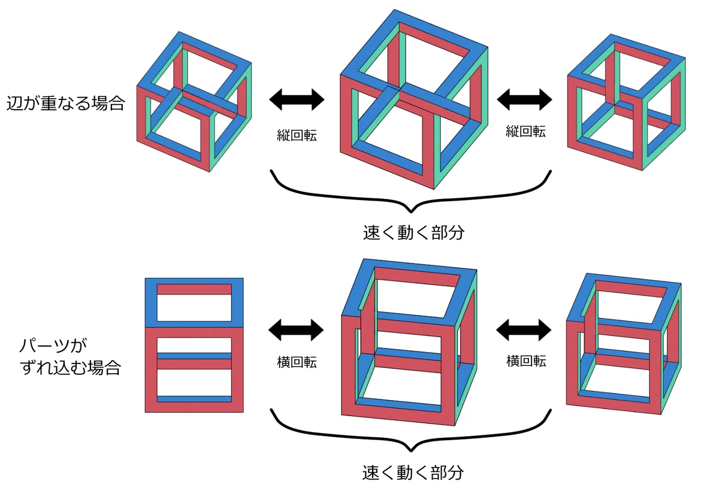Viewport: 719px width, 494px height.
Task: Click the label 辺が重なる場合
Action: click(65, 103)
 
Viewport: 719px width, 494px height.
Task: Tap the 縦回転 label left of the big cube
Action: click(297, 135)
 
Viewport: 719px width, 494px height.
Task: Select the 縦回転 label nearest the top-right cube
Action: click(525, 132)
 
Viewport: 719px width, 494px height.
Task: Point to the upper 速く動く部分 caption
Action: click(413, 232)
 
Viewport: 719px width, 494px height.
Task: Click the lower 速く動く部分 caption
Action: click(413, 472)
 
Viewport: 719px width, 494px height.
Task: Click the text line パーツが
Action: click(53, 346)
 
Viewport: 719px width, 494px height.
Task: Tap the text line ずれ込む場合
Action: click(70, 368)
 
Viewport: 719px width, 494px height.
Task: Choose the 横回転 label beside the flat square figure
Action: click(297, 362)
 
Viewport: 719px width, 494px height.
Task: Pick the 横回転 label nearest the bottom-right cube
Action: click(526, 361)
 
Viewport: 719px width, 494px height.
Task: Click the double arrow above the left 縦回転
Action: click(297, 100)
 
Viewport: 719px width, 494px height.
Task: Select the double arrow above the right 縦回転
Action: click(524, 100)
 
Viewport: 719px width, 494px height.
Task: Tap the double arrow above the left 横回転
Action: click(296, 330)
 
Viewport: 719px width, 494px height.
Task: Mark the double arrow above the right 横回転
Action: click(524, 330)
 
